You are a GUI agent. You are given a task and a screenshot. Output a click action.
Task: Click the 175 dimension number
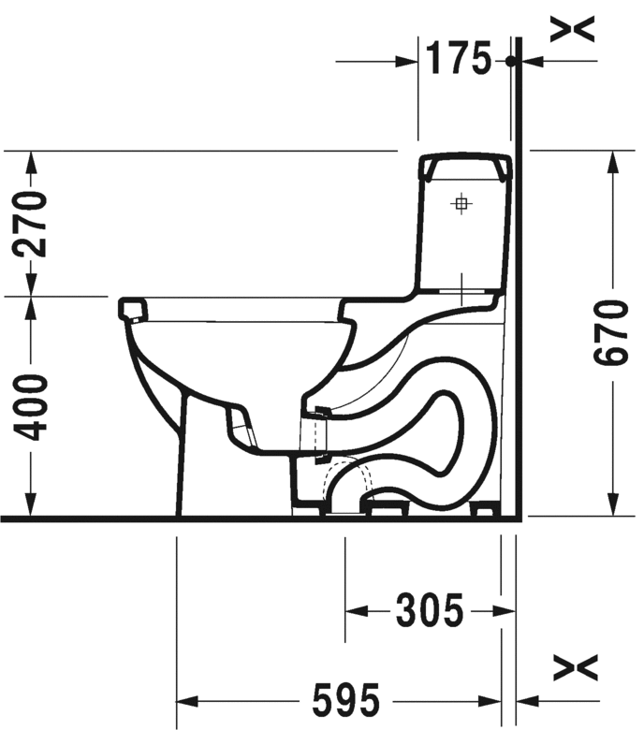459,60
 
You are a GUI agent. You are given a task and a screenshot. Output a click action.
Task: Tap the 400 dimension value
34,407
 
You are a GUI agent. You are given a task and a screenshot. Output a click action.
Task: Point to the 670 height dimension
613,334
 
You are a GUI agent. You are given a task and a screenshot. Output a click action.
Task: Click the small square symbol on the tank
461,203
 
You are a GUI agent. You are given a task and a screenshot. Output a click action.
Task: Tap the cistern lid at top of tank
467,167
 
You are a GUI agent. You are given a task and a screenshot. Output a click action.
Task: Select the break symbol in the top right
572,31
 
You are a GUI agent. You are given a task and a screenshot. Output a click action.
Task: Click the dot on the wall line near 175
510,61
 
